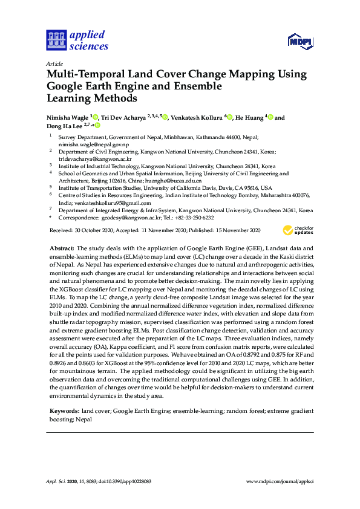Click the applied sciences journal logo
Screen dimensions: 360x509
point(76,40)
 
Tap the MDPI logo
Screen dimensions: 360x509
point(299,41)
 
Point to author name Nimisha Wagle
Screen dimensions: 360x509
point(67,118)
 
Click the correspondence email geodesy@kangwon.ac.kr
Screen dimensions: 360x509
point(128,218)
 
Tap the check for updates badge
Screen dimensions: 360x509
point(299,230)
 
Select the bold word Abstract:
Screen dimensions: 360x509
point(61,249)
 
